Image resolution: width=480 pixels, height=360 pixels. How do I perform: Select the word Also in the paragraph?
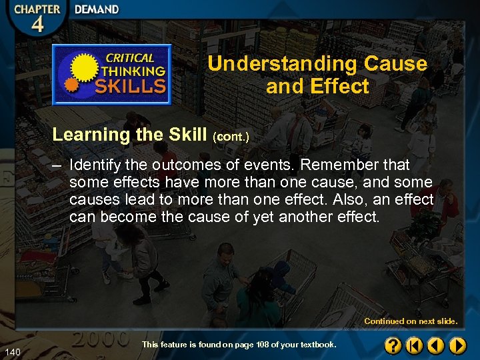[347, 200]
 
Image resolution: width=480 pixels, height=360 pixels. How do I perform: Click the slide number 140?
[11, 351]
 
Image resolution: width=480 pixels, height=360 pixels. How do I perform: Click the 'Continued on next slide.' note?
[411, 321]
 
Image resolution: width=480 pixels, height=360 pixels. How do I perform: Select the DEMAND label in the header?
[97, 10]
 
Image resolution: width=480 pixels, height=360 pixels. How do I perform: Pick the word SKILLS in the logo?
[131, 85]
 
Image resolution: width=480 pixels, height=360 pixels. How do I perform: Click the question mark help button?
[393, 345]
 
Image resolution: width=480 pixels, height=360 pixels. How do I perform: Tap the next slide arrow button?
[457, 345]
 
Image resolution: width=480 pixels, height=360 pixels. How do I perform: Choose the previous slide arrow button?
[436, 345]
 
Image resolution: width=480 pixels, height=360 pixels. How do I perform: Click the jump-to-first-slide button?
[415, 345]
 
